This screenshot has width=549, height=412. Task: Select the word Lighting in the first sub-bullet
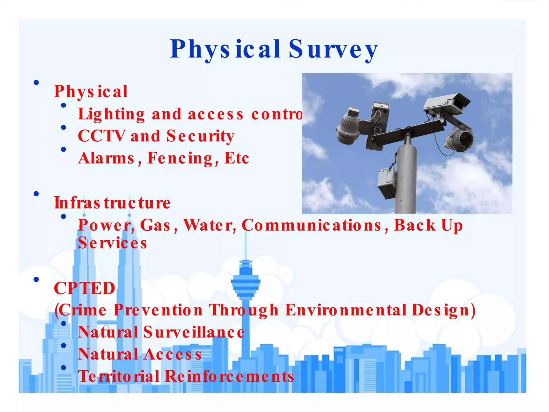pyautogui.click(x=111, y=114)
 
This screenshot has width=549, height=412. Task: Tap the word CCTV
pyautogui.click(x=101, y=136)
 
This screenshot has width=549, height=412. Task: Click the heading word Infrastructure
pyautogui.click(x=112, y=203)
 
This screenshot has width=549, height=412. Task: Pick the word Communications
pyautogui.click(x=311, y=225)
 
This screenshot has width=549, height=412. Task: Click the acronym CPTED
pyautogui.click(x=84, y=288)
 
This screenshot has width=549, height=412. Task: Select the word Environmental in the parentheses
pyautogui.click(x=346, y=310)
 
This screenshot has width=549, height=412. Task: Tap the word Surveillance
pyautogui.click(x=194, y=332)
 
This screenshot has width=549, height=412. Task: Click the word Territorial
pyautogui.click(x=119, y=376)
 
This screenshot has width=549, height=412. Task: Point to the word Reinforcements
pyautogui.click(x=229, y=376)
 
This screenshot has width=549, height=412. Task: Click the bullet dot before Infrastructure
pyautogui.click(x=36, y=194)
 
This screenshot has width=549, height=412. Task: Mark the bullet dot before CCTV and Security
pyautogui.click(x=64, y=127)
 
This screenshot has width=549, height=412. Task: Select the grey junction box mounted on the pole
pyautogui.click(x=387, y=180)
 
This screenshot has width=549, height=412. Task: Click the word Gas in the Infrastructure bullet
pyautogui.click(x=155, y=225)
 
